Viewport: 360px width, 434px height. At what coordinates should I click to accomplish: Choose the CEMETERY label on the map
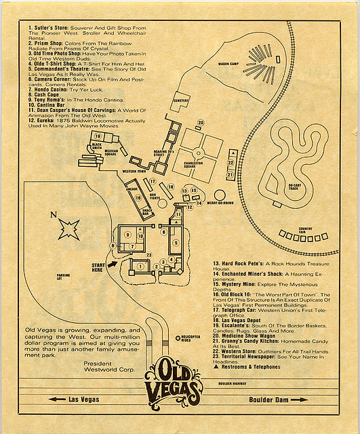[x=181, y=101]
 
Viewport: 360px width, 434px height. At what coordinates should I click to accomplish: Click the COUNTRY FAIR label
[x=305, y=230]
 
